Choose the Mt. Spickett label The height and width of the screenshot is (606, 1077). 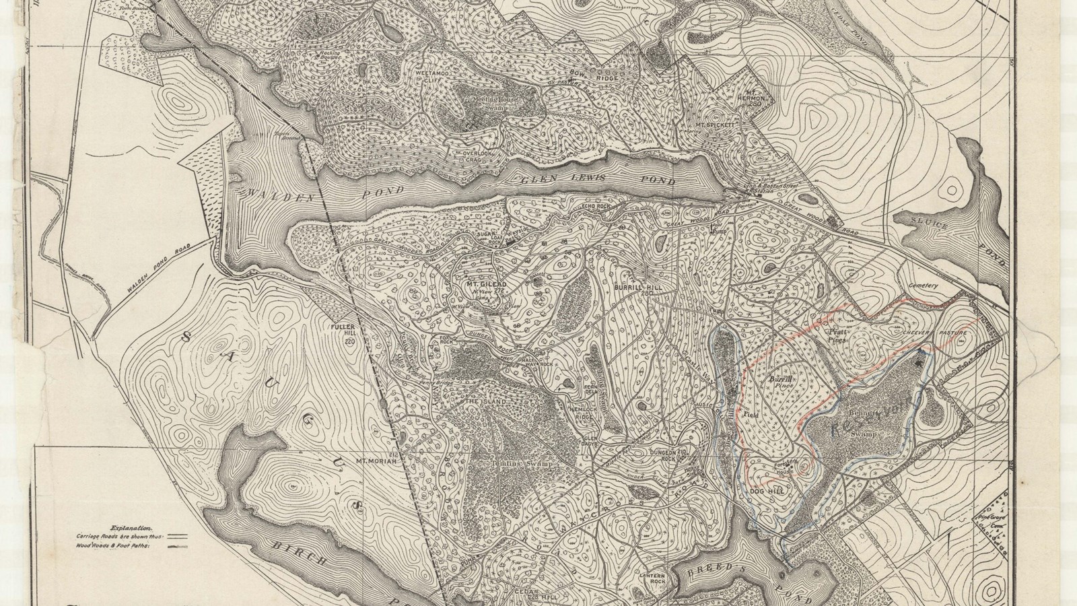717,125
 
